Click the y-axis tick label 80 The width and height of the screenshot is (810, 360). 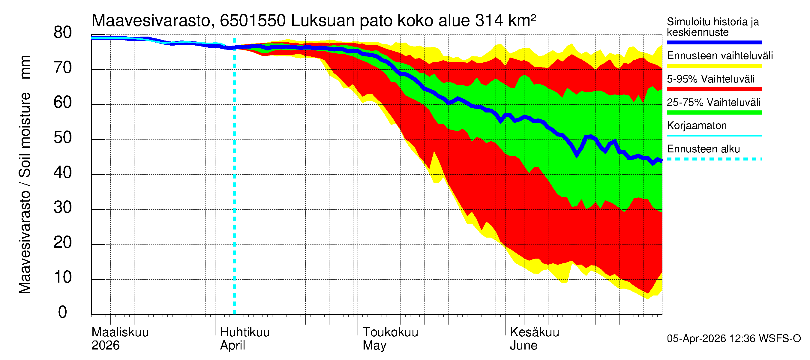click(63, 33)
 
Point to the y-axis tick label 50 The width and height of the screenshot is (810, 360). click(63, 138)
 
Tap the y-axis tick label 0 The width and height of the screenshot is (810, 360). click(63, 312)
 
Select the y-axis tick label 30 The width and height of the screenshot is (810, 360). click(63, 208)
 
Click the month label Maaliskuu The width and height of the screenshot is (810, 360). click(120, 332)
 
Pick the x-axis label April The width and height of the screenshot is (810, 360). click(232, 345)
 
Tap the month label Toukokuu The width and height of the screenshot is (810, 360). click(390, 332)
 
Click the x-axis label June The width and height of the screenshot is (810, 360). click(523, 345)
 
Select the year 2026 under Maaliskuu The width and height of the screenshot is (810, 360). click(105, 345)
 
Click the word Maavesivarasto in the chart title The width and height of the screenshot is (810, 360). click(151, 21)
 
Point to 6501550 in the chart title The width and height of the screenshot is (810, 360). click(253, 21)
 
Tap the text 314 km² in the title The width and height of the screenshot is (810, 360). click(505, 21)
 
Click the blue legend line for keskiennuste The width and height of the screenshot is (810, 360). click(714, 42)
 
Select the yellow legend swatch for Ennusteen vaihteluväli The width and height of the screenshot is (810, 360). click(714, 66)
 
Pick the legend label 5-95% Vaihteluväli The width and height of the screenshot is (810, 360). click(710, 79)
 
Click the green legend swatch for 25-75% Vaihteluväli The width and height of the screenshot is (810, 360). click(714, 112)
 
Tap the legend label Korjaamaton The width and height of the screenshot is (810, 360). click(697, 125)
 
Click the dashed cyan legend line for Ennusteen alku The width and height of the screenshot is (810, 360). click(714, 159)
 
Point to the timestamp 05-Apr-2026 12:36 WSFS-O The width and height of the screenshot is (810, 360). click(733, 338)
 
